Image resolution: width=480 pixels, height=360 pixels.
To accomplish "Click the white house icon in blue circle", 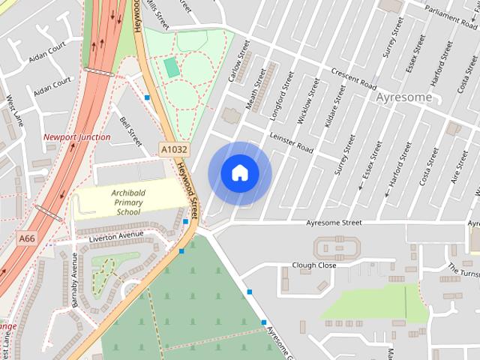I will (x=239, y=173).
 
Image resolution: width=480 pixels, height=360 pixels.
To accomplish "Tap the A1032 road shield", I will (x=174, y=150).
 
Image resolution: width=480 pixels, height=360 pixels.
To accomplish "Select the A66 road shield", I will (x=27, y=238).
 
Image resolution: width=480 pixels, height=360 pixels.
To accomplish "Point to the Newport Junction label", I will (x=76, y=137).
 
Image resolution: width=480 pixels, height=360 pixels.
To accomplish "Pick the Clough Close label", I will (x=314, y=265).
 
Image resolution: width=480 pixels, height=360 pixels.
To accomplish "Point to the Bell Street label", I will (x=130, y=130).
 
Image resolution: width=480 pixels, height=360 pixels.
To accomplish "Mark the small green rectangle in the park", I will (x=172, y=68).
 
